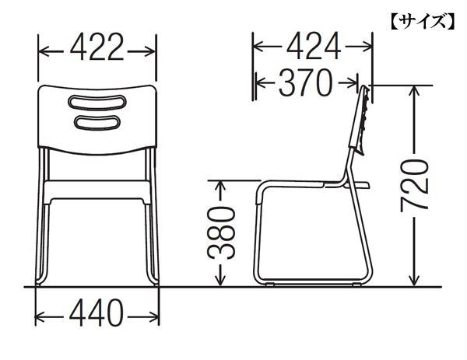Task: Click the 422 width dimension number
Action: [97, 47]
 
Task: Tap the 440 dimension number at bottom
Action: [97, 313]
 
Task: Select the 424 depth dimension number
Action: [314, 46]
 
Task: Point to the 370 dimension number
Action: [305, 82]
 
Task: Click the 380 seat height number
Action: [221, 233]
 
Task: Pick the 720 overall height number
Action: [414, 186]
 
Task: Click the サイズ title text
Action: [423, 22]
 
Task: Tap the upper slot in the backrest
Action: [97, 103]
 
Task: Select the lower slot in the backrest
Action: [97, 123]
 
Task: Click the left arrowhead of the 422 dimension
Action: [44, 51]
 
